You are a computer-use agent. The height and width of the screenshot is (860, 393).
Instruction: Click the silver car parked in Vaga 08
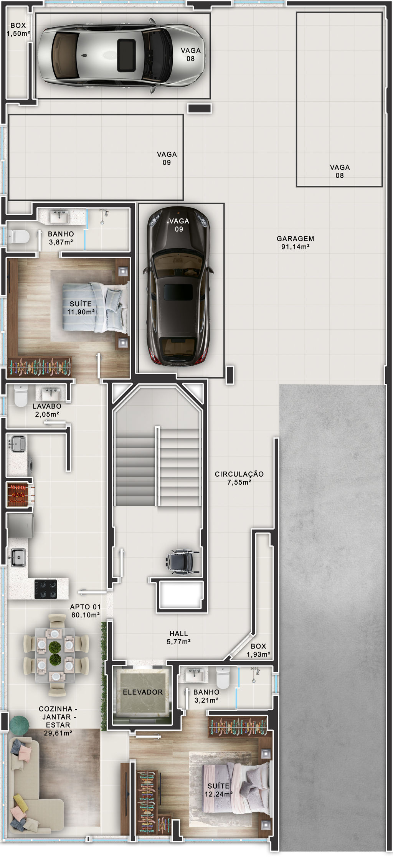coord(122,56)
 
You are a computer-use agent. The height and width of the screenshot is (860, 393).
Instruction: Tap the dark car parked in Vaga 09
coord(179,286)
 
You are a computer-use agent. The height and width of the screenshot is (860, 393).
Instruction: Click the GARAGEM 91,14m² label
coord(295,243)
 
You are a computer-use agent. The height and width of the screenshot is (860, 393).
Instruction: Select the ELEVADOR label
coord(143,692)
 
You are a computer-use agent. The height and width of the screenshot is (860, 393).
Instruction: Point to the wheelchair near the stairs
coord(182,561)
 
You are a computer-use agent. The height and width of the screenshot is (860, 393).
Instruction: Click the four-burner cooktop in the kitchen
coord(46,589)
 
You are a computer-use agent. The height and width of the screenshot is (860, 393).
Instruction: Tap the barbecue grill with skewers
coord(19,494)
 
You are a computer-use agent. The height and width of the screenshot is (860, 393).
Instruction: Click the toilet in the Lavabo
coord(21,396)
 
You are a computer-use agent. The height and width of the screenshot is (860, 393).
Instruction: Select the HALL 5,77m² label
coord(179,637)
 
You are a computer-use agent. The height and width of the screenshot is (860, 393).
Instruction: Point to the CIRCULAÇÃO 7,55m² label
coord(239,478)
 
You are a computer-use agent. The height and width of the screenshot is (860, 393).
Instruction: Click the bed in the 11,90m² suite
coord(95,307)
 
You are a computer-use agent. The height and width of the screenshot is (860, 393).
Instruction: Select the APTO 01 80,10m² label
coord(85,611)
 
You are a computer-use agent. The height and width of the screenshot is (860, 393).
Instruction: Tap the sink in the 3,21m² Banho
coord(195,674)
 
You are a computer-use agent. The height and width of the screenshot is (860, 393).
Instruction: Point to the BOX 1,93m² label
coord(258,650)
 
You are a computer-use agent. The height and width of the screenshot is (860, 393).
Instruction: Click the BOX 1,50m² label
coord(18,29)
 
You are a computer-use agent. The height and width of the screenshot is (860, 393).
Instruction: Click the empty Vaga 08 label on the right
coord(340,171)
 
